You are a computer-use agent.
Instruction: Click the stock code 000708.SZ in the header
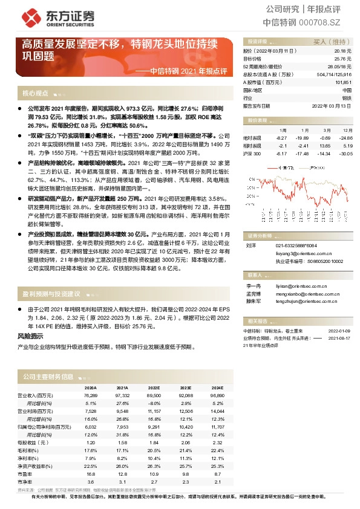point(329,22)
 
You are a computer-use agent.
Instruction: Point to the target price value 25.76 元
point(343,59)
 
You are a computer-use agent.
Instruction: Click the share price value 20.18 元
point(343,52)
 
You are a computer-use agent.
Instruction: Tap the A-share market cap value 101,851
point(342,82)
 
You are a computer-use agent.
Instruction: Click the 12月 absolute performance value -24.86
point(345,138)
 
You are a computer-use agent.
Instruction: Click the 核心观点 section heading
point(35,94)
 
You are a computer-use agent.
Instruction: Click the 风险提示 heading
point(30,335)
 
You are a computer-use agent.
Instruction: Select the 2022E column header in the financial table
point(153,388)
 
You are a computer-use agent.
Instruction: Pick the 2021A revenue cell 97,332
point(122,395)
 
